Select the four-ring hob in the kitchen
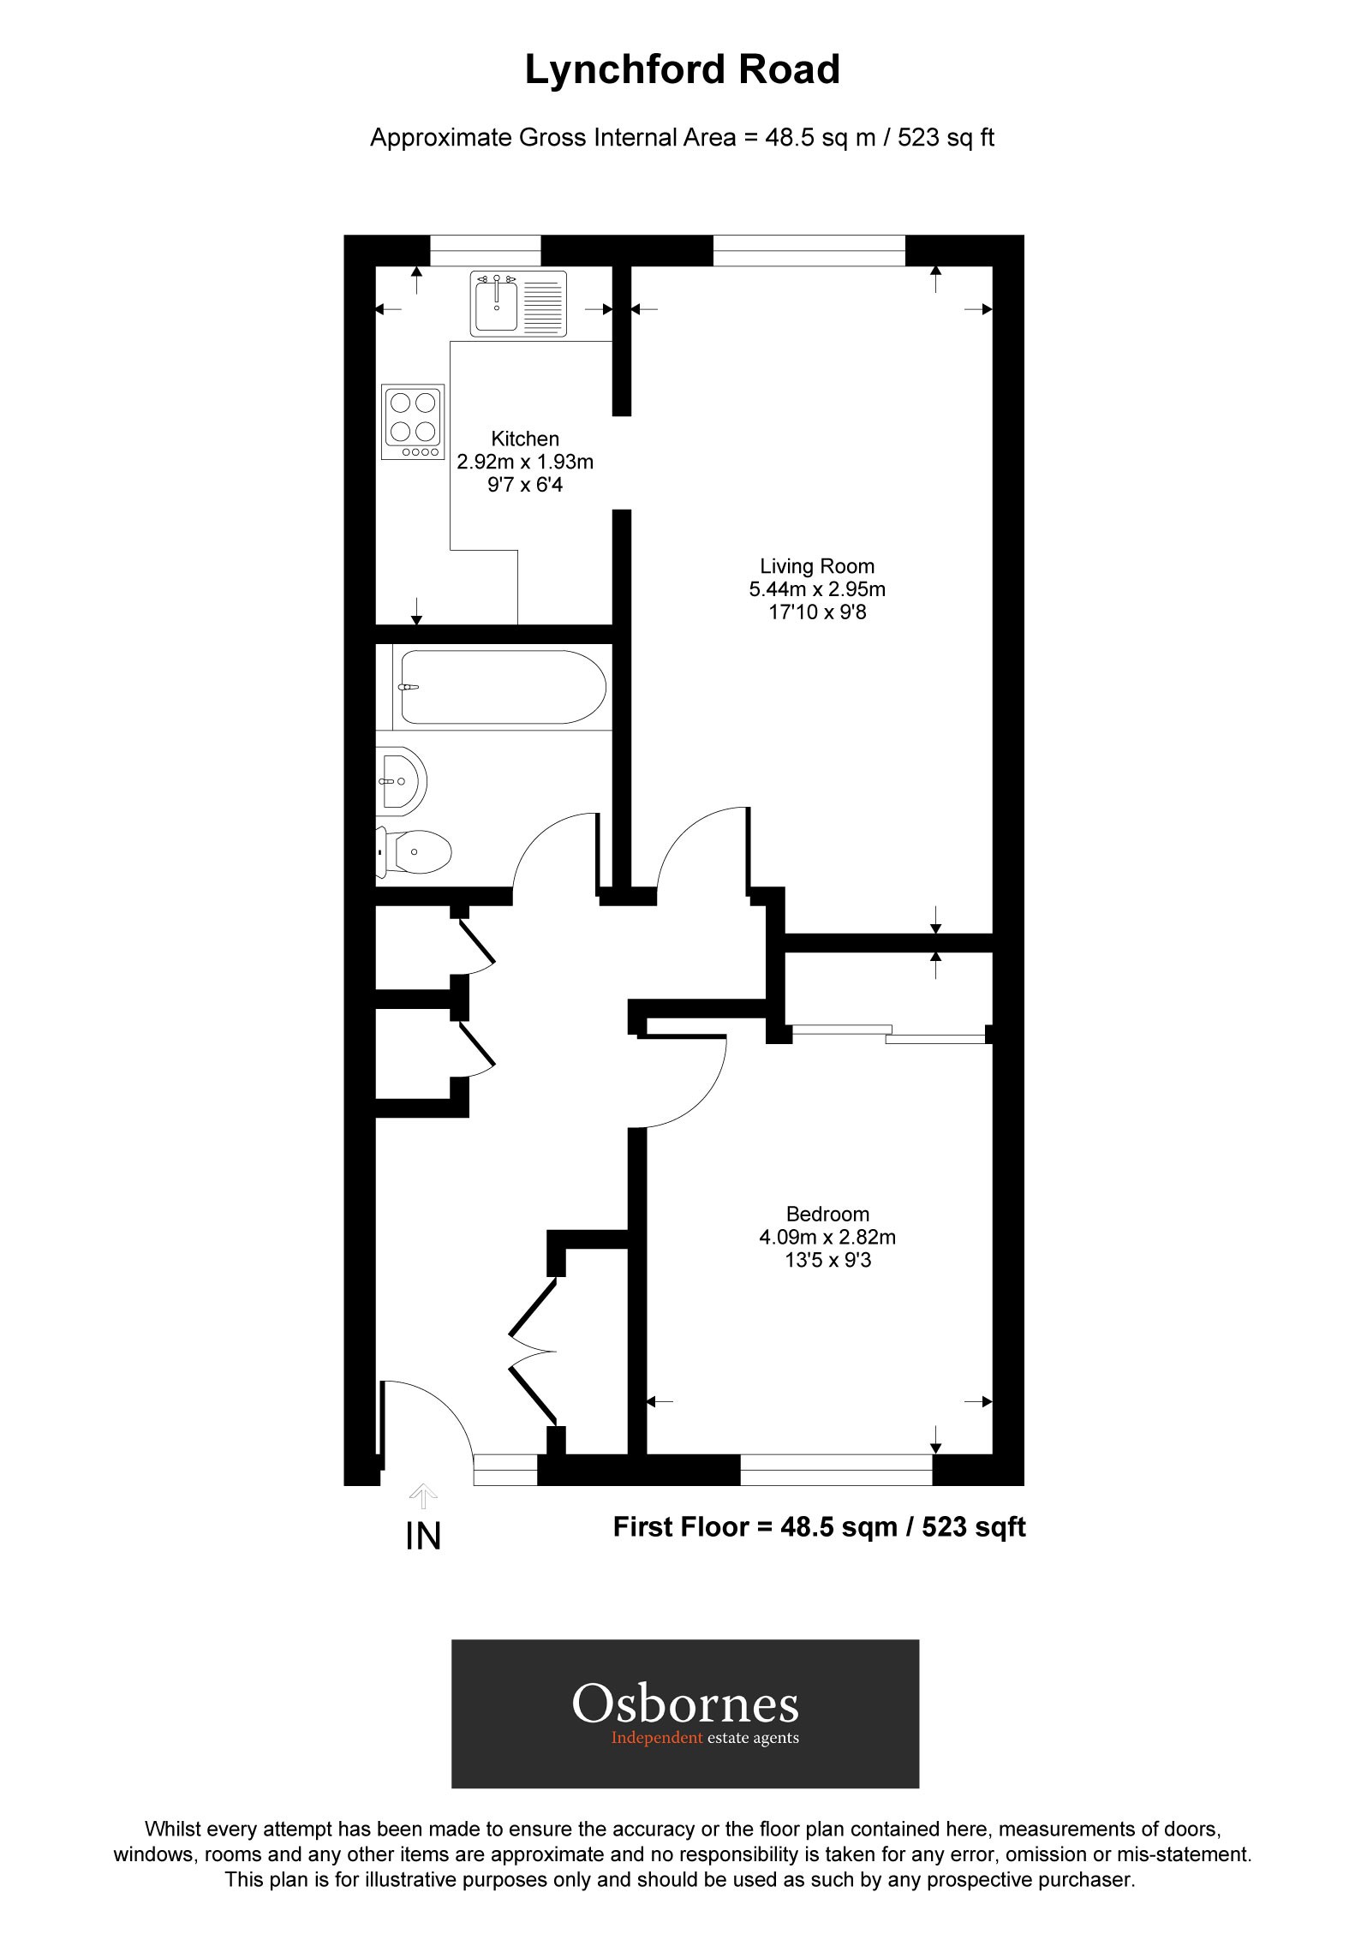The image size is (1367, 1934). coord(414,421)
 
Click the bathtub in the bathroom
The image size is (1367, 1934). coord(504,687)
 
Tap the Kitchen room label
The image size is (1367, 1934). coord(525,439)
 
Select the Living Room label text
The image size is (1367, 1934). coord(817,566)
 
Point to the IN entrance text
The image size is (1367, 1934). coord(423,1537)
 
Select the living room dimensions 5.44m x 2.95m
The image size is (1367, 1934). coord(817,589)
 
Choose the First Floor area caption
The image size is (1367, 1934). coord(819,1526)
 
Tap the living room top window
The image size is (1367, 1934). coord(809,250)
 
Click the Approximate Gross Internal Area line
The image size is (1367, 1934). coord(682,138)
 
